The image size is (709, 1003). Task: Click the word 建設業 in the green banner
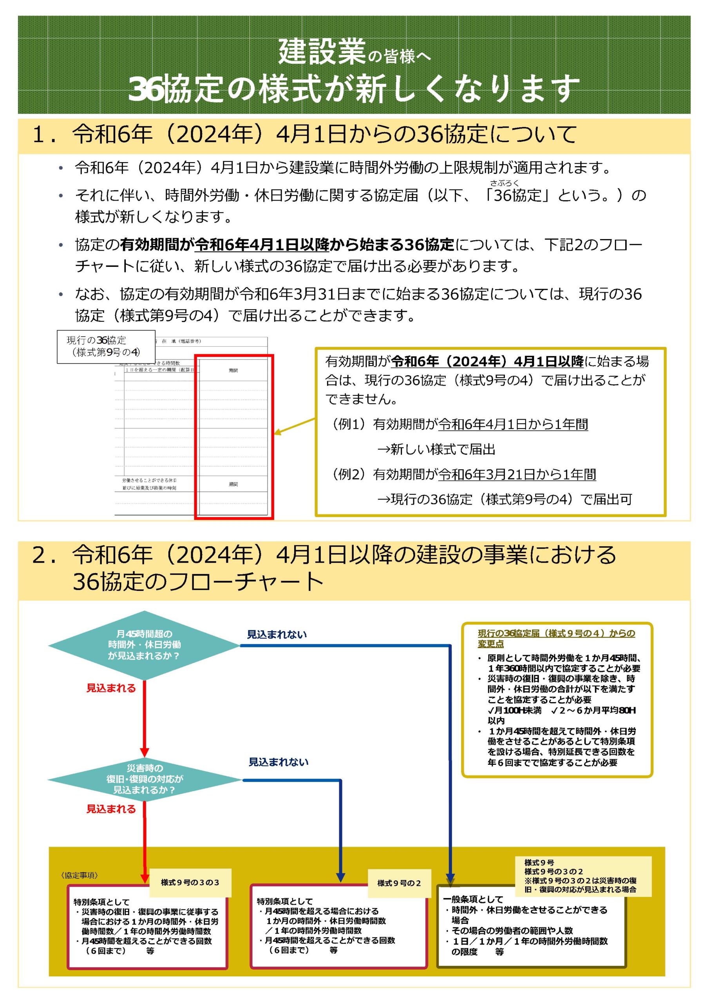322,52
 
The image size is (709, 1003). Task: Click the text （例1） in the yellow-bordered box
348,424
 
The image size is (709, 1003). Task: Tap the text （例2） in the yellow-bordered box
348,474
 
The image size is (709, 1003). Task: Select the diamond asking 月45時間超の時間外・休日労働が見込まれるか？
144,645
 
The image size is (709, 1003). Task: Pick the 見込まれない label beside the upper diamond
277,634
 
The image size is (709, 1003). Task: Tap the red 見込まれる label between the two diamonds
111,688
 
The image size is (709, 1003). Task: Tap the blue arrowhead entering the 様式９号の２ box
341,878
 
